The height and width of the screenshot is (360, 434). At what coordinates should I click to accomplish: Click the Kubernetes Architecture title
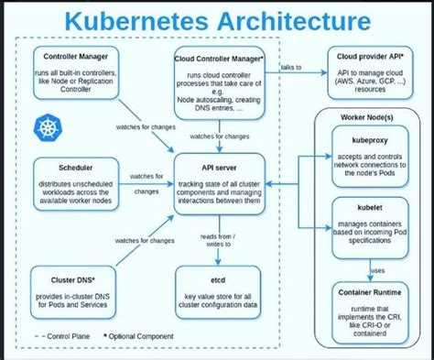point(217,20)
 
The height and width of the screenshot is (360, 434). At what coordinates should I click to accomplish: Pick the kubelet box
point(368,221)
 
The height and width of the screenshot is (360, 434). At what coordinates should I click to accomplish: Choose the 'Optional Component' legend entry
point(141,337)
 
